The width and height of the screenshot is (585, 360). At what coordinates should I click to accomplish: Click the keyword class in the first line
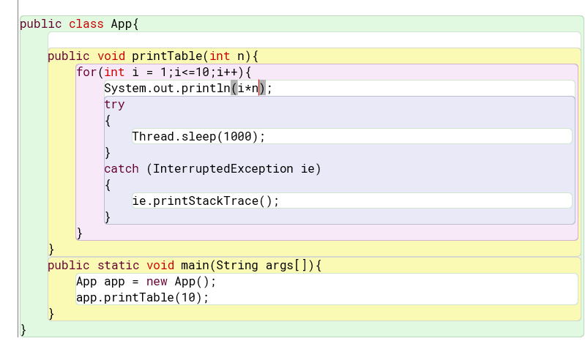(86, 24)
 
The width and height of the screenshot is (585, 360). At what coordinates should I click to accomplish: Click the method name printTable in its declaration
(167, 56)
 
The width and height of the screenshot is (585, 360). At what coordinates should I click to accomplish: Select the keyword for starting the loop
(86, 72)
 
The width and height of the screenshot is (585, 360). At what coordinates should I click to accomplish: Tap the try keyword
(114, 105)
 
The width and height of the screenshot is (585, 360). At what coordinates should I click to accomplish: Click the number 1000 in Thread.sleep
(237, 136)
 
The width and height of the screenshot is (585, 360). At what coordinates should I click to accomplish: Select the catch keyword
(122, 169)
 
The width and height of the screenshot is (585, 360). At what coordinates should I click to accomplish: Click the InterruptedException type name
(223, 169)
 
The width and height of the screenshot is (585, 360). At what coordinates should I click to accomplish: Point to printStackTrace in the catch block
(206, 201)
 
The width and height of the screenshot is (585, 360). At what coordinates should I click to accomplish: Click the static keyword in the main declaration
(119, 266)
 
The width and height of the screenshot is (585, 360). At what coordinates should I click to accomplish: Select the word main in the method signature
(195, 266)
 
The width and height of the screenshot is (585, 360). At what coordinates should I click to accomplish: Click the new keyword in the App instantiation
(157, 282)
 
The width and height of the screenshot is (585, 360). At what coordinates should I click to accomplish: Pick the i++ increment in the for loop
(227, 72)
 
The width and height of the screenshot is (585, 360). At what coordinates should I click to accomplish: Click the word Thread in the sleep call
(153, 136)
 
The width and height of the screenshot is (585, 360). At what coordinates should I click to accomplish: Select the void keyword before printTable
(111, 56)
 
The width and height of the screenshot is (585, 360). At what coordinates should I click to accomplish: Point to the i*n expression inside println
(248, 89)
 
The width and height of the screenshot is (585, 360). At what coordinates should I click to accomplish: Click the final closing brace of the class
(23, 330)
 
